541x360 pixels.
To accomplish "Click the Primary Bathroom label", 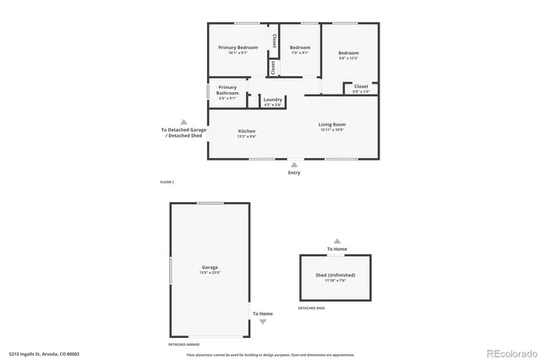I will coord(227,90).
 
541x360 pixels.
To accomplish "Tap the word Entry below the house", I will coord(293,173).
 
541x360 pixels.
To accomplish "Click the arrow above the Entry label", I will coord(293,164).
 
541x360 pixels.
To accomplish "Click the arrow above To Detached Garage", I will coord(183,121).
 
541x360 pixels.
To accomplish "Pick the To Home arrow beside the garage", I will coord(262,322).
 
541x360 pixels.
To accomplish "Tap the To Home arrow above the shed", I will coord(336,241).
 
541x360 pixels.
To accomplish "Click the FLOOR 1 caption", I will coord(167,183).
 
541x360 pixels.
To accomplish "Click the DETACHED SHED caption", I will coord(313,308).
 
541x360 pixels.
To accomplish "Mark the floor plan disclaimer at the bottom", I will coord(270,354).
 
